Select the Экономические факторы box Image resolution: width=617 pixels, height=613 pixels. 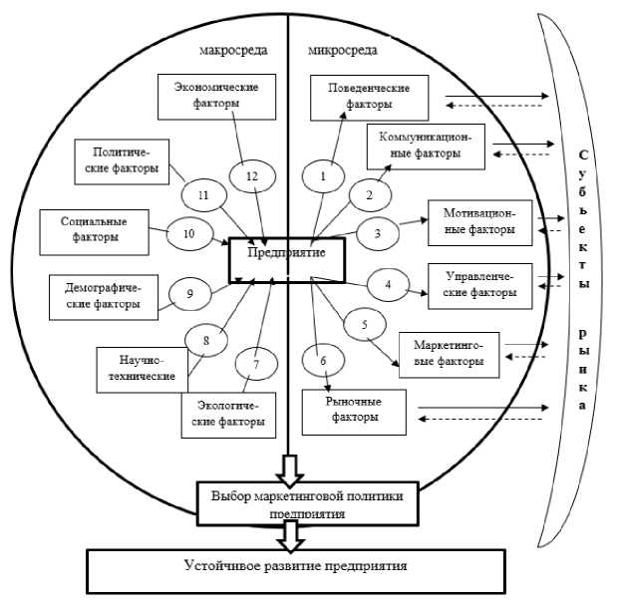coord(208,95)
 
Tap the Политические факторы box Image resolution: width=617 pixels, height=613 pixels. coord(122,161)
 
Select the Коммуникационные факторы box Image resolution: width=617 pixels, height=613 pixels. coord(426,148)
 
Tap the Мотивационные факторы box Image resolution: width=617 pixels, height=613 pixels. coord(479,221)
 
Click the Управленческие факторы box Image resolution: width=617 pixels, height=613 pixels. coord(479,285)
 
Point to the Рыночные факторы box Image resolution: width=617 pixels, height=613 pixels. coord(355,410)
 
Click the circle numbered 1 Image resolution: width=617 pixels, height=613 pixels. coord(323,176)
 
